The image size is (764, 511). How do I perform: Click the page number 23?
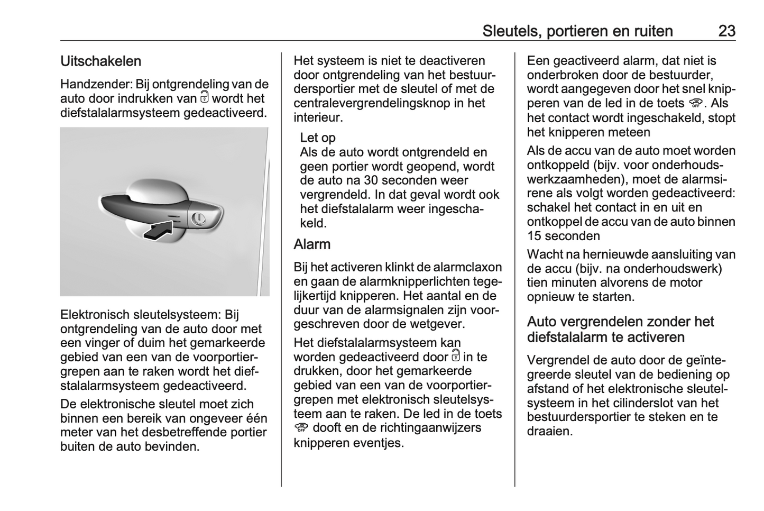pyautogui.click(x=726, y=31)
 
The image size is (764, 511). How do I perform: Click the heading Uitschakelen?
pyautogui.click(x=101, y=61)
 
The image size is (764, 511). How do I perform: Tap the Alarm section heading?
pyautogui.click(x=312, y=244)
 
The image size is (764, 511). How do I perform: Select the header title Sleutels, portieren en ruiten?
pyautogui.click(x=577, y=31)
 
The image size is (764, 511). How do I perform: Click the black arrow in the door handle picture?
pyautogui.click(x=159, y=231)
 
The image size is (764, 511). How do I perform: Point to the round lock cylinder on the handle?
pyautogui.click(x=199, y=218)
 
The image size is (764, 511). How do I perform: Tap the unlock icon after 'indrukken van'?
pyautogui.click(x=205, y=97)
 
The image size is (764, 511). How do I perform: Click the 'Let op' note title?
pyautogui.click(x=317, y=138)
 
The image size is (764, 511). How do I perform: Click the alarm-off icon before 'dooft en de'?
pyautogui.click(x=301, y=427)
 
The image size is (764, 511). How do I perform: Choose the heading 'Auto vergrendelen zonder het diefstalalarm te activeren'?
pyautogui.click(x=620, y=330)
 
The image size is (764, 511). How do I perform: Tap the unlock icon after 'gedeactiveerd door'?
pyautogui.click(x=456, y=356)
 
